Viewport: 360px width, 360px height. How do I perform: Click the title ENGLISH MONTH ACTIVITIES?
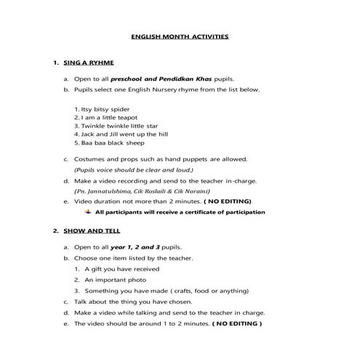179,35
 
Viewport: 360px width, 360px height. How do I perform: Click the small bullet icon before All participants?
88,212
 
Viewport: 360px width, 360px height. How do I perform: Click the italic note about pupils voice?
130,169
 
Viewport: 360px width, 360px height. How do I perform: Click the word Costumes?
90,159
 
